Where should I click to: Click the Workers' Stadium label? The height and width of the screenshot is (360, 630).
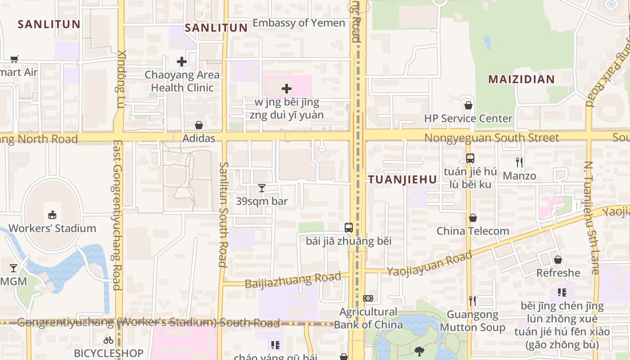(52, 228)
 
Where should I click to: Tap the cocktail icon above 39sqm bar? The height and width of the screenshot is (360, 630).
(262, 188)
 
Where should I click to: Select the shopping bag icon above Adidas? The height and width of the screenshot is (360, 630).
(198, 125)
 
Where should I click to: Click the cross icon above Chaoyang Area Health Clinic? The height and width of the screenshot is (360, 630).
(182, 62)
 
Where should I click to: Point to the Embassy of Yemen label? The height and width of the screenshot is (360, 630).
(299, 23)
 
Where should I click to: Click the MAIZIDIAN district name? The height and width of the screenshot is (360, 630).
(522, 80)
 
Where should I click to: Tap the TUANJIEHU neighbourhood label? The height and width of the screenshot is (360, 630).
(402, 180)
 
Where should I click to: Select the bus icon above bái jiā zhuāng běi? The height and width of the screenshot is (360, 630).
(348, 228)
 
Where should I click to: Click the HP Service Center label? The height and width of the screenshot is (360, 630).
(468, 118)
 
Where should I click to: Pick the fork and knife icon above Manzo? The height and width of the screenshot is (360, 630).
(519, 162)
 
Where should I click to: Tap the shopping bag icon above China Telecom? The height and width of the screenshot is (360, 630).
(473, 218)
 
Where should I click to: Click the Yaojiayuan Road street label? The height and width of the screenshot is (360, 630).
(430, 264)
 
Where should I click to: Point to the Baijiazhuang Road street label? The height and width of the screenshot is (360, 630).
(293, 280)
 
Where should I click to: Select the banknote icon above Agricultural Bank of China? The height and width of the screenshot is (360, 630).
(368, 298)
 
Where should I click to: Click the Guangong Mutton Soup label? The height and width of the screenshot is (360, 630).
(472, 321)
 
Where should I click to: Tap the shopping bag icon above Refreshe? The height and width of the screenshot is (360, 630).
(558, 260)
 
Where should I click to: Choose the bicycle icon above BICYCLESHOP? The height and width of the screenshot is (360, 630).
(108, 340)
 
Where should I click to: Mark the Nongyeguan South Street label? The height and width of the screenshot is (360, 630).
(491, 138)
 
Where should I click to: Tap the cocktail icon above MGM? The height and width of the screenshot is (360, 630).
(13, 268)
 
